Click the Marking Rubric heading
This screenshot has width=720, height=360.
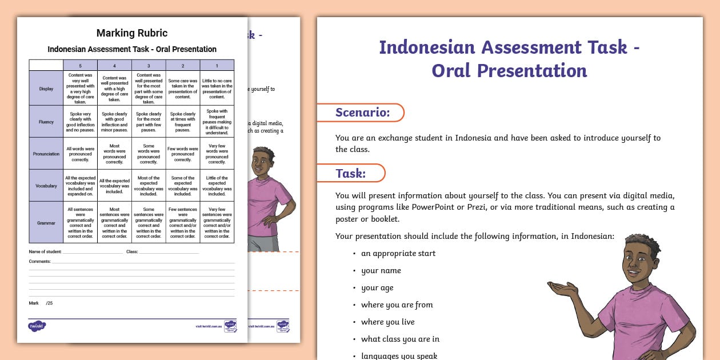coord(132,33)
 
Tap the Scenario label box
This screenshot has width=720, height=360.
coord(362,113)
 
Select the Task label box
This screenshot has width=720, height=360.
coord(351,173)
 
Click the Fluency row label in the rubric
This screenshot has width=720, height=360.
coord(46,121)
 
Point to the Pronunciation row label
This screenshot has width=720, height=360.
coord(46,154)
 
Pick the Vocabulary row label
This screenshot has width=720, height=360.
coord(46,186)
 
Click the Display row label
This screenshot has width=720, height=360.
coord(46,89)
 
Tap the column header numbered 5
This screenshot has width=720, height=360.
coord(80,66)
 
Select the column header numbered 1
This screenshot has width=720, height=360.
coord(217,66)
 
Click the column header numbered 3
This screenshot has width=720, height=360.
coord(149,66)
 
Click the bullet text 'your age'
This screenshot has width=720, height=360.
coord(377,287)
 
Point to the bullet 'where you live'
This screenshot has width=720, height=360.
coord(387,322)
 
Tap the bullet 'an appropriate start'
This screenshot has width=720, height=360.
coord(398,253)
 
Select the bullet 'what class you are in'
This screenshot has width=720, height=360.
coord(400,339)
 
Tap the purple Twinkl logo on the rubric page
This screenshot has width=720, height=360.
coord(37,326)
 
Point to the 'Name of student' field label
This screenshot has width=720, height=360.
coord(45,251)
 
